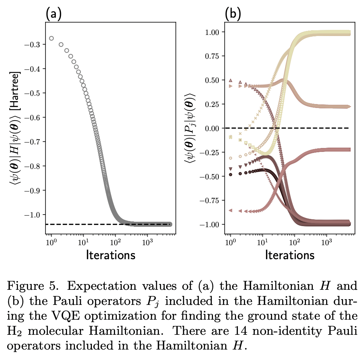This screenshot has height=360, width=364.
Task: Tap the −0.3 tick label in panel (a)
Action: coord(33,45)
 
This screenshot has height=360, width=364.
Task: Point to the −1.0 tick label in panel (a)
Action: coord(33,215)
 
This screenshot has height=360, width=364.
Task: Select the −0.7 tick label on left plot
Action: coord(33,142)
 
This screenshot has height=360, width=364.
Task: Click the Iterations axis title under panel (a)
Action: coord(111,255)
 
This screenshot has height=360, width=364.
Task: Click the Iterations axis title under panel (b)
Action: coord(290,255)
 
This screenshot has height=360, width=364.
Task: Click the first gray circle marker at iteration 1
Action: coord(51,38)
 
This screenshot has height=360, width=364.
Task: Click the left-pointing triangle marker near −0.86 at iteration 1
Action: coord(230,210)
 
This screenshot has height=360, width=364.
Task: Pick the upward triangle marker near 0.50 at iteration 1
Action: coord(231,80)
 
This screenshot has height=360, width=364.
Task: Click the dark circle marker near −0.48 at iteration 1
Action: coord(230,175)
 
